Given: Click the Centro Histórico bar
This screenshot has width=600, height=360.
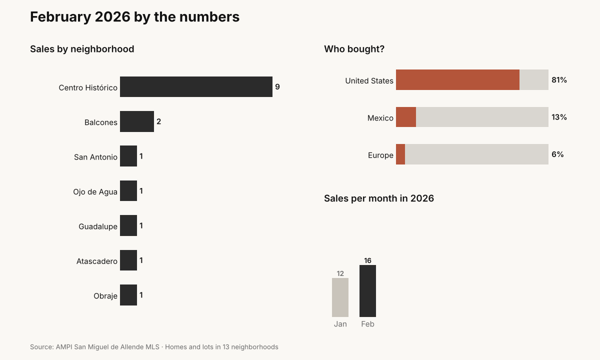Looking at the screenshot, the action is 196,87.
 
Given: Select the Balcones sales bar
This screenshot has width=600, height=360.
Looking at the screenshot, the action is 137,121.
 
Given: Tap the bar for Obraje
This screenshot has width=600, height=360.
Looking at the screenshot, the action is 128,295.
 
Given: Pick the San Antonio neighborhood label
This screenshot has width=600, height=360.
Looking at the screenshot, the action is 95,157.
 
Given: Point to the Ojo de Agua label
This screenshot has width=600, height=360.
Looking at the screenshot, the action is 95,192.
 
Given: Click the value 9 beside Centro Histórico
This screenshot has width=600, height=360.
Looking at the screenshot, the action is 277,87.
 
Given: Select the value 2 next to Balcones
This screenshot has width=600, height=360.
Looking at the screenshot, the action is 159,121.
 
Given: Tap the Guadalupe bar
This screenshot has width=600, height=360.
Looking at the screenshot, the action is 128,225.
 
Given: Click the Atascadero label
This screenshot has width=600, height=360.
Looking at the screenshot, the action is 97,261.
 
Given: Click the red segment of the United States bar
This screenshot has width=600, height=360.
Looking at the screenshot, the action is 457,80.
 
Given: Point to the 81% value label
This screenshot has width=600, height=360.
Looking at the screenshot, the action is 559,80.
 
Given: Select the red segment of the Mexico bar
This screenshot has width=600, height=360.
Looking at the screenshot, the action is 406,117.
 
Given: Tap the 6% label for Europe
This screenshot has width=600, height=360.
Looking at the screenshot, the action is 557,154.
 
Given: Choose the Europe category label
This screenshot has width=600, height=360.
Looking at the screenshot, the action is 380,155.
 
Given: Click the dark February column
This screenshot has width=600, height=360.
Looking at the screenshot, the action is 367,291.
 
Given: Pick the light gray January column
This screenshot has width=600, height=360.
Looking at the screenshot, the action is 340,297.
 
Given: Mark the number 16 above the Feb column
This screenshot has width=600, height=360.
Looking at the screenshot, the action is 367,260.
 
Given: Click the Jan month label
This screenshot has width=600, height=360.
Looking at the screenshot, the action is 340,324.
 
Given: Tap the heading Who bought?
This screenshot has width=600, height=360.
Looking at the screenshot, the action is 354,49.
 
